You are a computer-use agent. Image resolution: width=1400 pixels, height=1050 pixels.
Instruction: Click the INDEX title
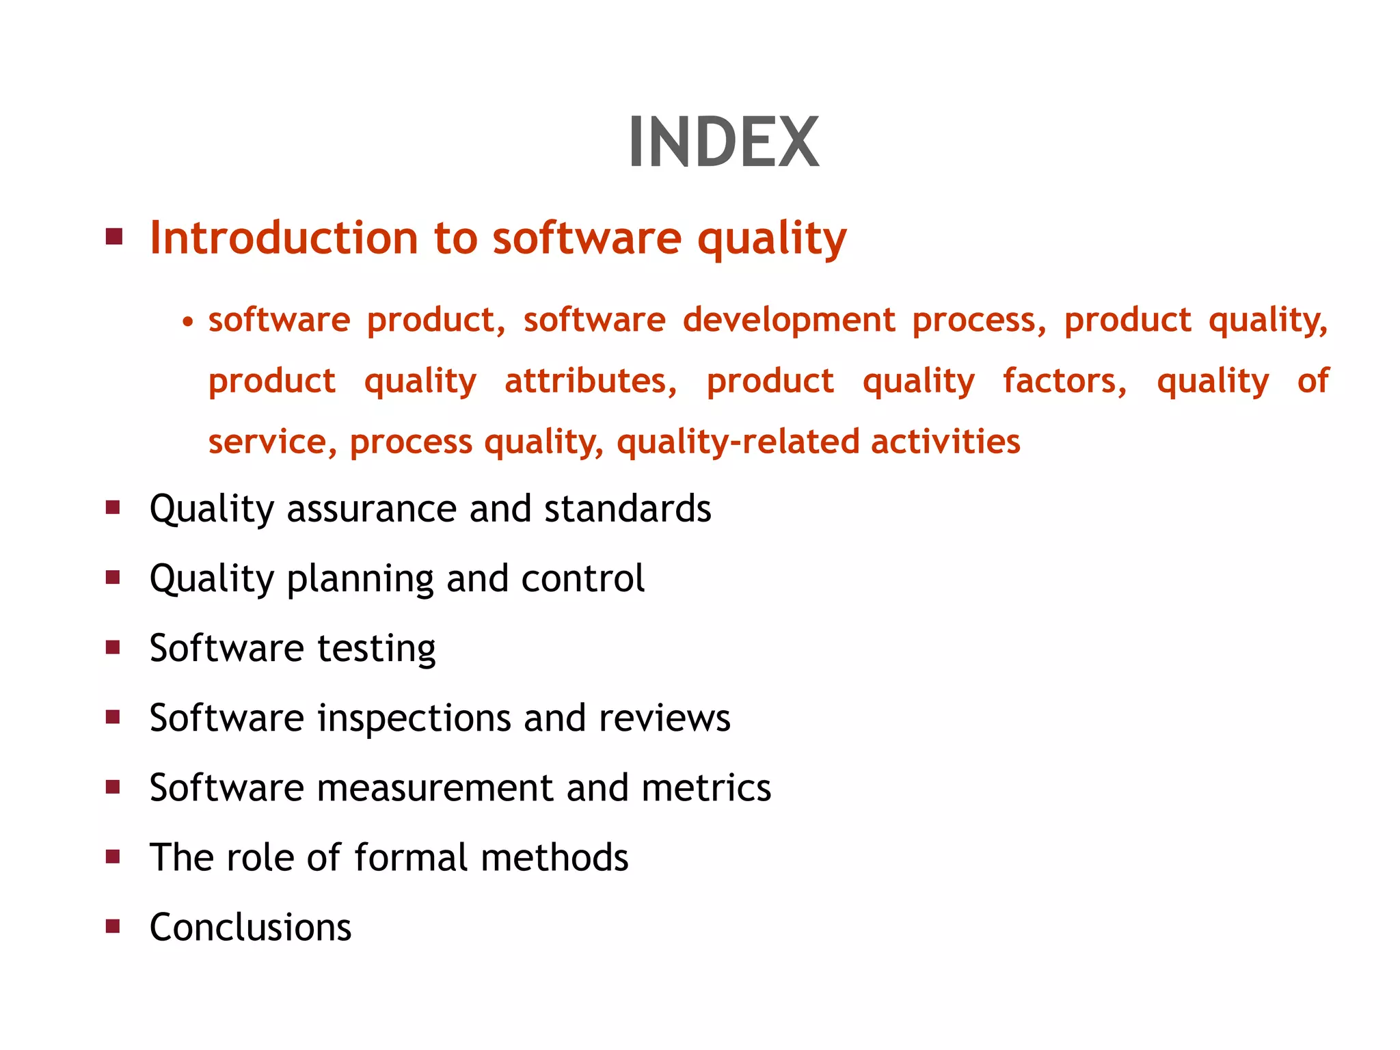point(723,142)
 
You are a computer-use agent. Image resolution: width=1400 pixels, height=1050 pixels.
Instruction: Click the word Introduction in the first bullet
point(284,238)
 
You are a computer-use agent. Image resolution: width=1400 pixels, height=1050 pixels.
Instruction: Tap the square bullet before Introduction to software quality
point(114,237)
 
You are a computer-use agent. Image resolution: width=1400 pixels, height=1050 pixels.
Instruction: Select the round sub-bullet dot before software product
point(188,321)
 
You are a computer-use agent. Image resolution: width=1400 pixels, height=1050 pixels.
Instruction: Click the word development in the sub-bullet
point(789,320)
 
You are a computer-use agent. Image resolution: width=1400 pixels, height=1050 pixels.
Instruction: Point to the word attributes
point(591,381)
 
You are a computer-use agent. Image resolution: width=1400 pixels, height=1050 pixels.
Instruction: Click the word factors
point(1064,381)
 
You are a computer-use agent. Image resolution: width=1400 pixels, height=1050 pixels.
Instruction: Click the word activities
point(945,442)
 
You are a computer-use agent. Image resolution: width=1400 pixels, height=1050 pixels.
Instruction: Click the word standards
point(628,509)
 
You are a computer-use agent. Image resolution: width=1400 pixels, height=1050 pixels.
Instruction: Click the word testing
point(376,649)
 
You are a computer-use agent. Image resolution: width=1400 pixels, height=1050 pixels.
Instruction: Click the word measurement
point(435,788)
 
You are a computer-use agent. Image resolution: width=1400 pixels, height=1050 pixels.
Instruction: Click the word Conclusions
point(250,928)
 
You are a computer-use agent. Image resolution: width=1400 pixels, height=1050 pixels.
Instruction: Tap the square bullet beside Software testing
point(113,647)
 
